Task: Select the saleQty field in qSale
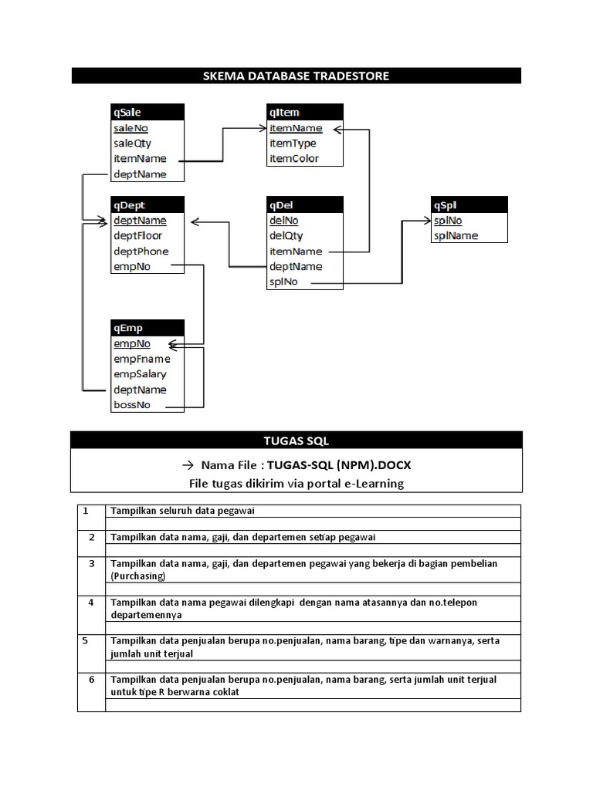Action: [132, 143]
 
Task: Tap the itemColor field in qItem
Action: [293, 159]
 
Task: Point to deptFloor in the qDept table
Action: [137, 236]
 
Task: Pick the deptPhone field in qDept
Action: [141, 252]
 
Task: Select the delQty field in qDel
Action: [286, 236]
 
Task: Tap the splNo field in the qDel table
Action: [283, 282]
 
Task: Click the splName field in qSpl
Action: [456, 236]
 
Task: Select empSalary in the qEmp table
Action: [140, 374]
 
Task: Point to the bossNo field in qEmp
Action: [132, 405]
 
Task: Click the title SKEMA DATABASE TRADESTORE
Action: [296, 76]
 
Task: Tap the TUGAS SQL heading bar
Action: [296, 441]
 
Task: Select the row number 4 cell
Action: [91, 602]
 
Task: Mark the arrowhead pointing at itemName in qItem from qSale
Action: [259, 129]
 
